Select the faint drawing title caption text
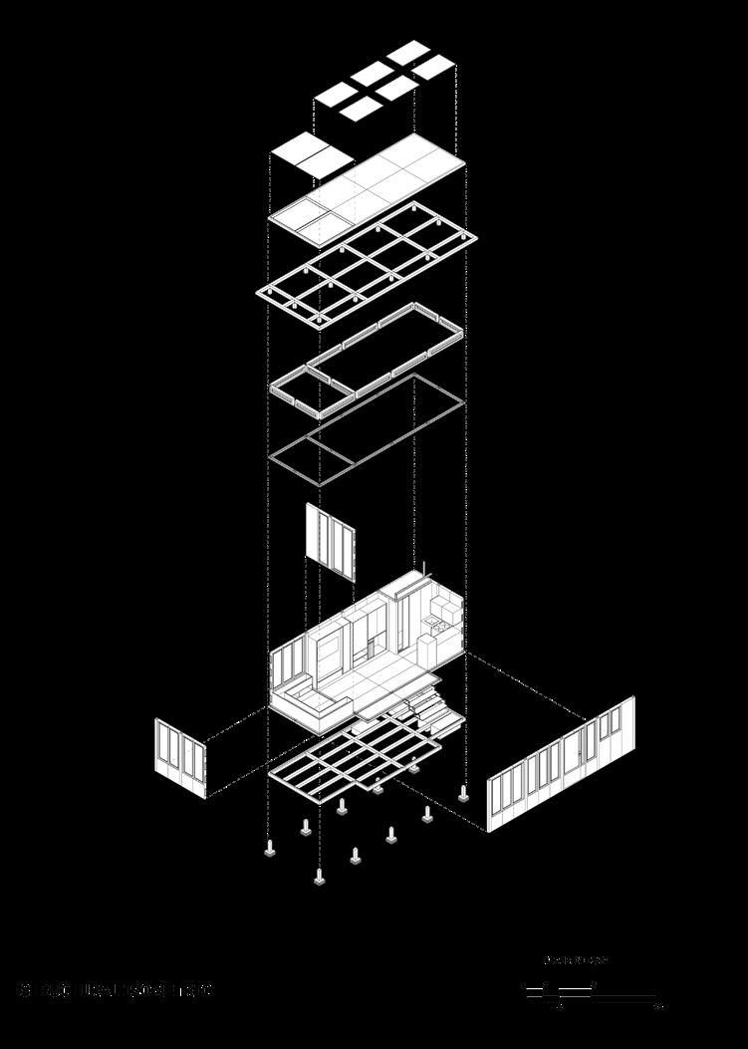click(115, 990)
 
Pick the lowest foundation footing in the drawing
click(319, 878)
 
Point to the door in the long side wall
click(577, 755)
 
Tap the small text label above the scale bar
click(575, 961)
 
